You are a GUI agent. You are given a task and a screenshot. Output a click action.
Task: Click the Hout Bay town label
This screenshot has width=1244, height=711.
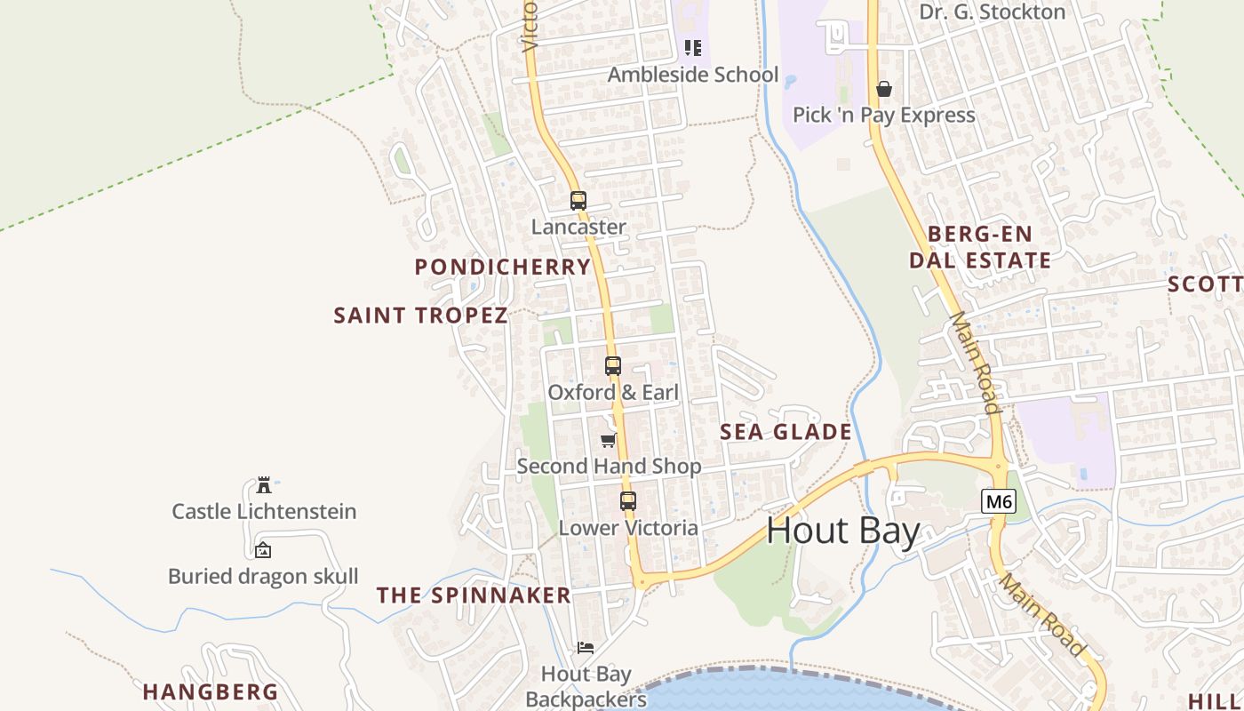click(x=842, y=531)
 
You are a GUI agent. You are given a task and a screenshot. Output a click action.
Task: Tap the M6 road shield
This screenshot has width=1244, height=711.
click(x=999, y=501)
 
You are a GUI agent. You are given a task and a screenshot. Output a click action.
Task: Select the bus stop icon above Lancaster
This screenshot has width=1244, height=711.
click(x=578, y=201)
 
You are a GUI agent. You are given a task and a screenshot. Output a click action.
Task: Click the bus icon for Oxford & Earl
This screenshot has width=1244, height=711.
click(x=613, y=366)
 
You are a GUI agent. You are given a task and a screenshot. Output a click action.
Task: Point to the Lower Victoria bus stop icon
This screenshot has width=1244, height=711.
click(x=628, y=501)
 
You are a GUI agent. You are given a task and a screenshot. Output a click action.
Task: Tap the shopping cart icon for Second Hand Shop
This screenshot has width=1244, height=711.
click(x=609, y=440)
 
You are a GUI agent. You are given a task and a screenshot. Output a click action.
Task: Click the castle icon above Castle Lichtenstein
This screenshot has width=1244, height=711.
click(x=264, y=485)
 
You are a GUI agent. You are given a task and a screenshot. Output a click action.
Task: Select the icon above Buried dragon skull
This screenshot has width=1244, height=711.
click(x=263, y=550)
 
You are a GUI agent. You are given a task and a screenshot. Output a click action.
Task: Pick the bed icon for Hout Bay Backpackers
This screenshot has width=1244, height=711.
click(x=586, y=647)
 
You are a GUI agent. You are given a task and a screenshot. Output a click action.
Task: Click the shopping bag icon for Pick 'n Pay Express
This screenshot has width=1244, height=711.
click(x=884, y=89)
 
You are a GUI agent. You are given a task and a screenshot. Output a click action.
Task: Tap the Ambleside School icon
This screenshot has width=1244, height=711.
click(x=693, y=48)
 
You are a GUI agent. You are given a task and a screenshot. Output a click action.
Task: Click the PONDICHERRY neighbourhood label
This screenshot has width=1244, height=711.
click(x=503, y=267)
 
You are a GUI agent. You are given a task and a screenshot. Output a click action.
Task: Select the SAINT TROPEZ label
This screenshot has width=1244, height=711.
click(x=420, y=316)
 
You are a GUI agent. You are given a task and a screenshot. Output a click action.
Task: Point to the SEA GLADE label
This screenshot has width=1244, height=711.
click(x=785, y=432)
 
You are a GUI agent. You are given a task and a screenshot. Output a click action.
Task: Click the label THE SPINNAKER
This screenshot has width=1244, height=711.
click(x=474, y=595)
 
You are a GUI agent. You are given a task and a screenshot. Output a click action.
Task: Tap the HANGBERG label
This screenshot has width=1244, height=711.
click(x=211, y=691)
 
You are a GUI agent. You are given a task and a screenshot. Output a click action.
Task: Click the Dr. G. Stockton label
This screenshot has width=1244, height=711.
click(x=992, y=12)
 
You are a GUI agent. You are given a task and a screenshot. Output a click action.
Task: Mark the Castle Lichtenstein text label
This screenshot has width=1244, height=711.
click(x=264, y=511)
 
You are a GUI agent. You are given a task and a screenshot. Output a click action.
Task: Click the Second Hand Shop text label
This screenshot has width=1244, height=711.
click(x=609, y=466)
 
